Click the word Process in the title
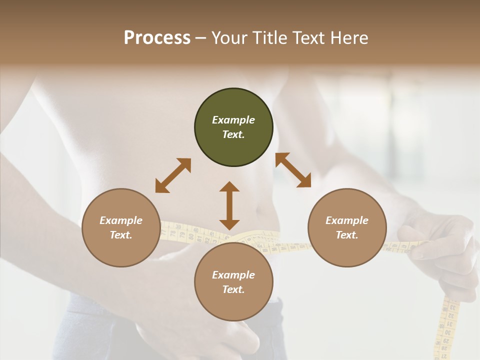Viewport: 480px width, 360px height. tap(157, 38)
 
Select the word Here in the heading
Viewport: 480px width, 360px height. tap(349, 38)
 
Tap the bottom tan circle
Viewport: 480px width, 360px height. tap(233, 303)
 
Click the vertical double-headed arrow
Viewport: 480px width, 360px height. tap(229, 205)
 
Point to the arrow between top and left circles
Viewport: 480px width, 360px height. tap(173, 175)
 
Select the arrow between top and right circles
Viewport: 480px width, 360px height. tap(293, 170)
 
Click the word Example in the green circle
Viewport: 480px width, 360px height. tap(233, 120)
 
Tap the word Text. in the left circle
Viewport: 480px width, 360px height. tap(121, 235)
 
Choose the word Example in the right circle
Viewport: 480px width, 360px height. tap(347, 220)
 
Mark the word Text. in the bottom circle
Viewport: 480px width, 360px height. tap(233, 289)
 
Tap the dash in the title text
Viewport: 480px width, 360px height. tap(200, 38)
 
